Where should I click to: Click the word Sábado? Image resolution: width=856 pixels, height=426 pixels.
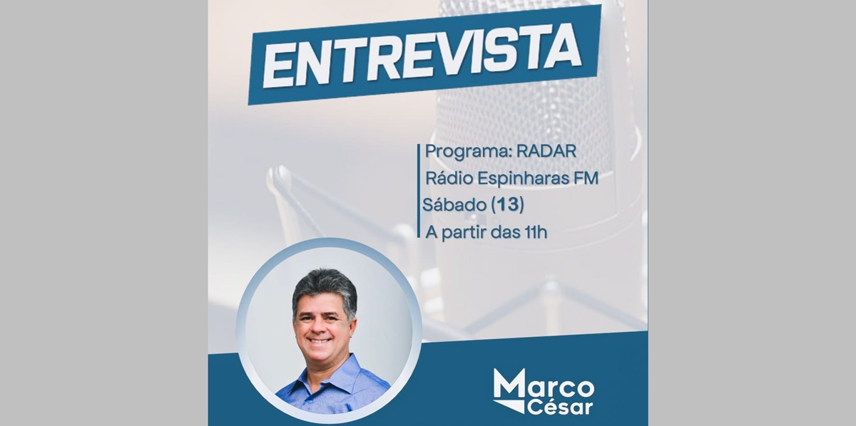click(x=454, y=204)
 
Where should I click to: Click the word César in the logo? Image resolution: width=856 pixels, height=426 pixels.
click(x=559, y=407)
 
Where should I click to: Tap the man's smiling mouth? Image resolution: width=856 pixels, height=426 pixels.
click(x=320, y=340)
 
